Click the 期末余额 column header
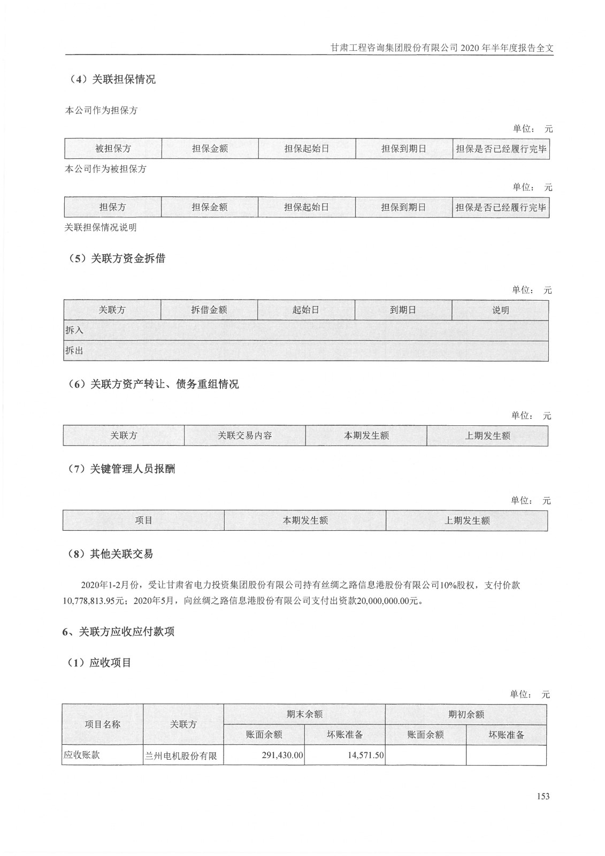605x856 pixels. pos(304,714)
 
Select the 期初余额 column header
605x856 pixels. pos(466,714)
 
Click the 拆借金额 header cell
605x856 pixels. pos(209,310)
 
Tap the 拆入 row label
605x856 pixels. pos(74,330)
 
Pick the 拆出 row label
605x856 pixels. pos(74,351)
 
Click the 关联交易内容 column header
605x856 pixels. pos(244,435)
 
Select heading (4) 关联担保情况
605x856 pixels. pos(112,80)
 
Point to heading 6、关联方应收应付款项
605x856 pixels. pos(118,632)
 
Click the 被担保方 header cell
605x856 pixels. pos(113,149)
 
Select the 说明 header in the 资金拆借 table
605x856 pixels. pos(500,310)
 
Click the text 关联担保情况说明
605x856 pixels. pos(101,227)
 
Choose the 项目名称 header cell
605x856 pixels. pos(102,724)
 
